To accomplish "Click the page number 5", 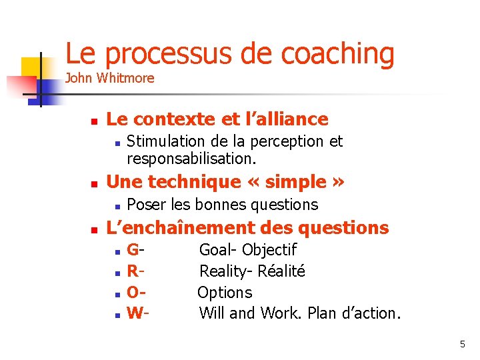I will click(x=462, y=344).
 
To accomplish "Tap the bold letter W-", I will click(x=138, y=313).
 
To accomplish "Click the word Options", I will click(x=225, y=293).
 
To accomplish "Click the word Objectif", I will click(x=269, y=250).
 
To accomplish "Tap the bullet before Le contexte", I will click(x=95, y=121).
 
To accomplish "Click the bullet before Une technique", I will click(x=95, y=183).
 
